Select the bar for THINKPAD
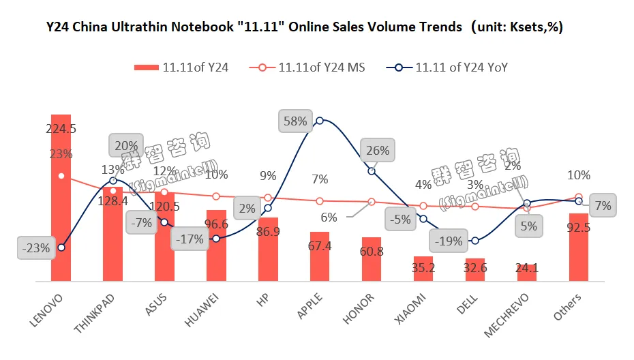[113, 239]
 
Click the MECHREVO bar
[527, 271]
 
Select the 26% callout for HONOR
[377, 151]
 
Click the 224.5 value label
[61, 129]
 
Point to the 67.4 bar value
[320, 245]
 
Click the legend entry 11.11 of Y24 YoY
[451, 67]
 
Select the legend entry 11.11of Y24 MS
[311, 67]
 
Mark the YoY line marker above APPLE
[320, 120]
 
